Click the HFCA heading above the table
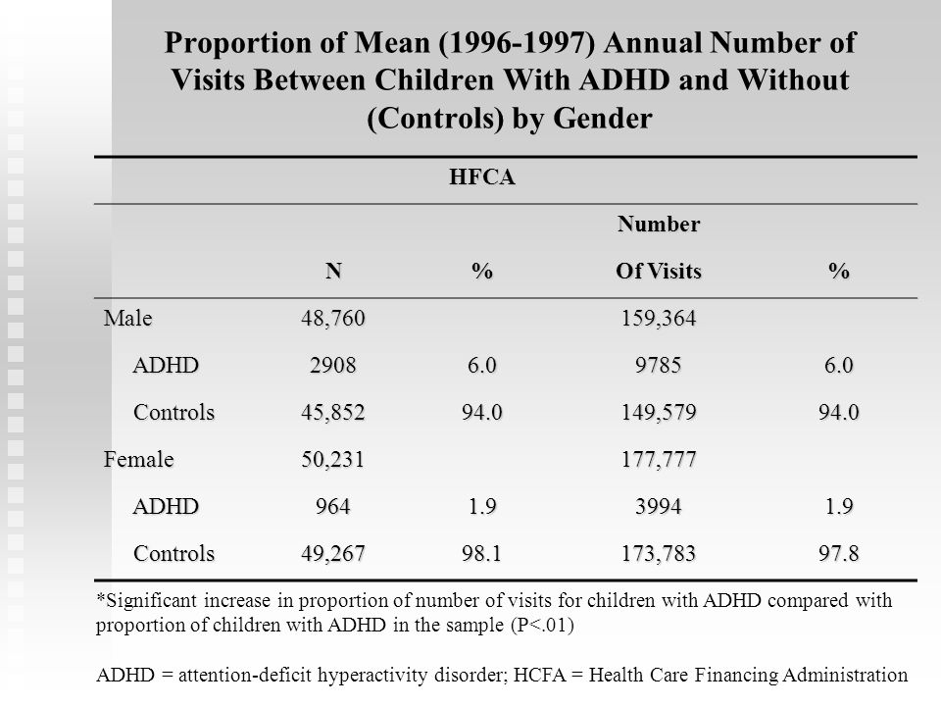tap(482, 177)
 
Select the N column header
tap(333, 272)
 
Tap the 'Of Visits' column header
tap(659, 272)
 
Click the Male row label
tap(127, 318)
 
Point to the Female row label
tap(138, 459)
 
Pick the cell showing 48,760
tap(333, 318)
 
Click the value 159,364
tap(659, 318)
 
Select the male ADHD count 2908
tap(333, 365)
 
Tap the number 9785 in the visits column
tap(659, 365)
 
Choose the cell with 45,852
tap(333, 413)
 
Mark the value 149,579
tap(659, 413)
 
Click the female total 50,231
tap(333, 459)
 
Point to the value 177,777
tap(659, 459)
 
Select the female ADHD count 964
tap(333, 506)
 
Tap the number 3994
tap(659, 506)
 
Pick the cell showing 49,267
tap(333, 553)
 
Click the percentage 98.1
tap(482, 553)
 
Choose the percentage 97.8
tap(839, 553)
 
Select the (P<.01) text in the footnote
tap(542, 625)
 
